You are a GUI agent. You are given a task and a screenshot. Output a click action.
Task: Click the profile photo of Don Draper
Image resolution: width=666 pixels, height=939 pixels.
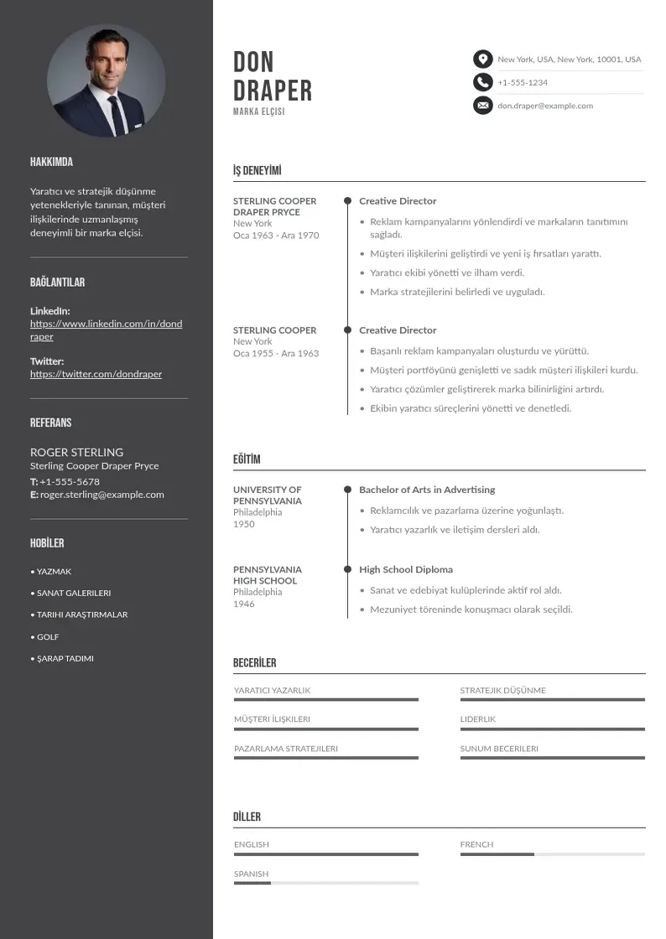(107, 81)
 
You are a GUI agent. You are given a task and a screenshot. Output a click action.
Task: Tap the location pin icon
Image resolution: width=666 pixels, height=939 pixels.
(482, 59)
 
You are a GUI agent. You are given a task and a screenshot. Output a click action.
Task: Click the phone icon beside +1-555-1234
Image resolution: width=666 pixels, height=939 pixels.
(482, 82)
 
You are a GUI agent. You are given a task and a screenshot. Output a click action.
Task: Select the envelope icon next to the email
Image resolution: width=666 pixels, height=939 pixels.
(482, 106)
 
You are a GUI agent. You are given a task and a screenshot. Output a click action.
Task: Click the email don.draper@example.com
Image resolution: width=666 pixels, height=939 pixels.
(545, 106)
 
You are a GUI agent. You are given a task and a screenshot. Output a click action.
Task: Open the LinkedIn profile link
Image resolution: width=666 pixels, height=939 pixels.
(106, 329)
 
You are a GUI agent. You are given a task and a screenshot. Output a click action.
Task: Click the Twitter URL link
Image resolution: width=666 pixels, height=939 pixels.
(96, 374)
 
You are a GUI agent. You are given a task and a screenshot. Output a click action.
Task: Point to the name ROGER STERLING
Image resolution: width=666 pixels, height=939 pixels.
(76, 452)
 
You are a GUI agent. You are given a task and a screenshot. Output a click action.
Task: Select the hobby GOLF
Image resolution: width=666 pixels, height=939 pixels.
(48, 637)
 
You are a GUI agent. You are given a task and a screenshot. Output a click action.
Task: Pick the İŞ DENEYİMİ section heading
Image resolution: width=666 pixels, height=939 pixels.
(257, 171)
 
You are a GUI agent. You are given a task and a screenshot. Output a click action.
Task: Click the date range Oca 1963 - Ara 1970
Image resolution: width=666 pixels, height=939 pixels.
(276, 236)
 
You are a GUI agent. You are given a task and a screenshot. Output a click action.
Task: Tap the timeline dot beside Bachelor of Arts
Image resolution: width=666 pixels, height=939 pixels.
(347, 490)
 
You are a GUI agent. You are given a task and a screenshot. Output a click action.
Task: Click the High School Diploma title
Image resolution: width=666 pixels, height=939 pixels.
(406, 569)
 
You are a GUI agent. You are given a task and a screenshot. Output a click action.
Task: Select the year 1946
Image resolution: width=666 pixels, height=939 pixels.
(244, 604)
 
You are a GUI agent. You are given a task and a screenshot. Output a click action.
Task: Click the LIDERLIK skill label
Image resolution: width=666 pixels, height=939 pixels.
(478, 719)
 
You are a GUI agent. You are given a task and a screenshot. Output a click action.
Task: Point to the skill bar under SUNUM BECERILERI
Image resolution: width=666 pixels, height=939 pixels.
(552, 758)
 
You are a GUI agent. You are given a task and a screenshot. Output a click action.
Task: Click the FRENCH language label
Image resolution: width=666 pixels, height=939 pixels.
(476, 844)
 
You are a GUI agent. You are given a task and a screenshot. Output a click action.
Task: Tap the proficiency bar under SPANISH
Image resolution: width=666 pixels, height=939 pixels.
(325, 883)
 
